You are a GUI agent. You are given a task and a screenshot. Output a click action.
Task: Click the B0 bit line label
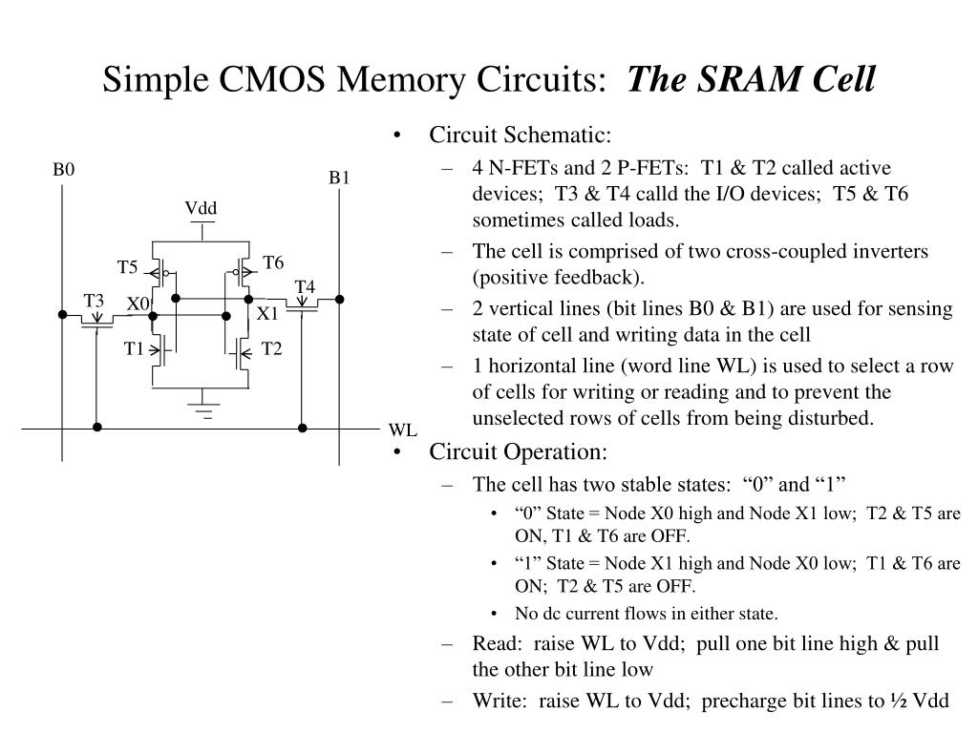pos(63,170)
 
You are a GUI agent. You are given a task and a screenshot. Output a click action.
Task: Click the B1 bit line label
pos(340,178)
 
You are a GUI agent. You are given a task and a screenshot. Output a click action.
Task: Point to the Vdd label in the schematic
pos(202,209)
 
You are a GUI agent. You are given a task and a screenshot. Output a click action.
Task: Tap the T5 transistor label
pos(128,267)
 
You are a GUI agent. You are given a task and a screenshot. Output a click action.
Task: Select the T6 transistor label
pos(274,262)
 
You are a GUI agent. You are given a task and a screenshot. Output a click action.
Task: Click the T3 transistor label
pos(94,302)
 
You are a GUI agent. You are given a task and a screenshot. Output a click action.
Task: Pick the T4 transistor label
pos(305,286)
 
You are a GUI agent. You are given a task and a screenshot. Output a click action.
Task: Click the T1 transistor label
pos(134,349)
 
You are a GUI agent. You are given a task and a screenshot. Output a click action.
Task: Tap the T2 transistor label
pos(272,349)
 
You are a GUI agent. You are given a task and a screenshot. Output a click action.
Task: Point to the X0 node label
pos(138,304)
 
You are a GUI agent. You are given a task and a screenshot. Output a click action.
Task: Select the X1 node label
pos(267,313)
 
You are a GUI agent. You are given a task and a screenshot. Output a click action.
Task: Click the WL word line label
pos(402,430)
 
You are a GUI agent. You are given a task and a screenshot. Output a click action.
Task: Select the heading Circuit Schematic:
pos(520,136)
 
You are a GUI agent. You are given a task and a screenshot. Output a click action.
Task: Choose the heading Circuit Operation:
pos(518,451)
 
